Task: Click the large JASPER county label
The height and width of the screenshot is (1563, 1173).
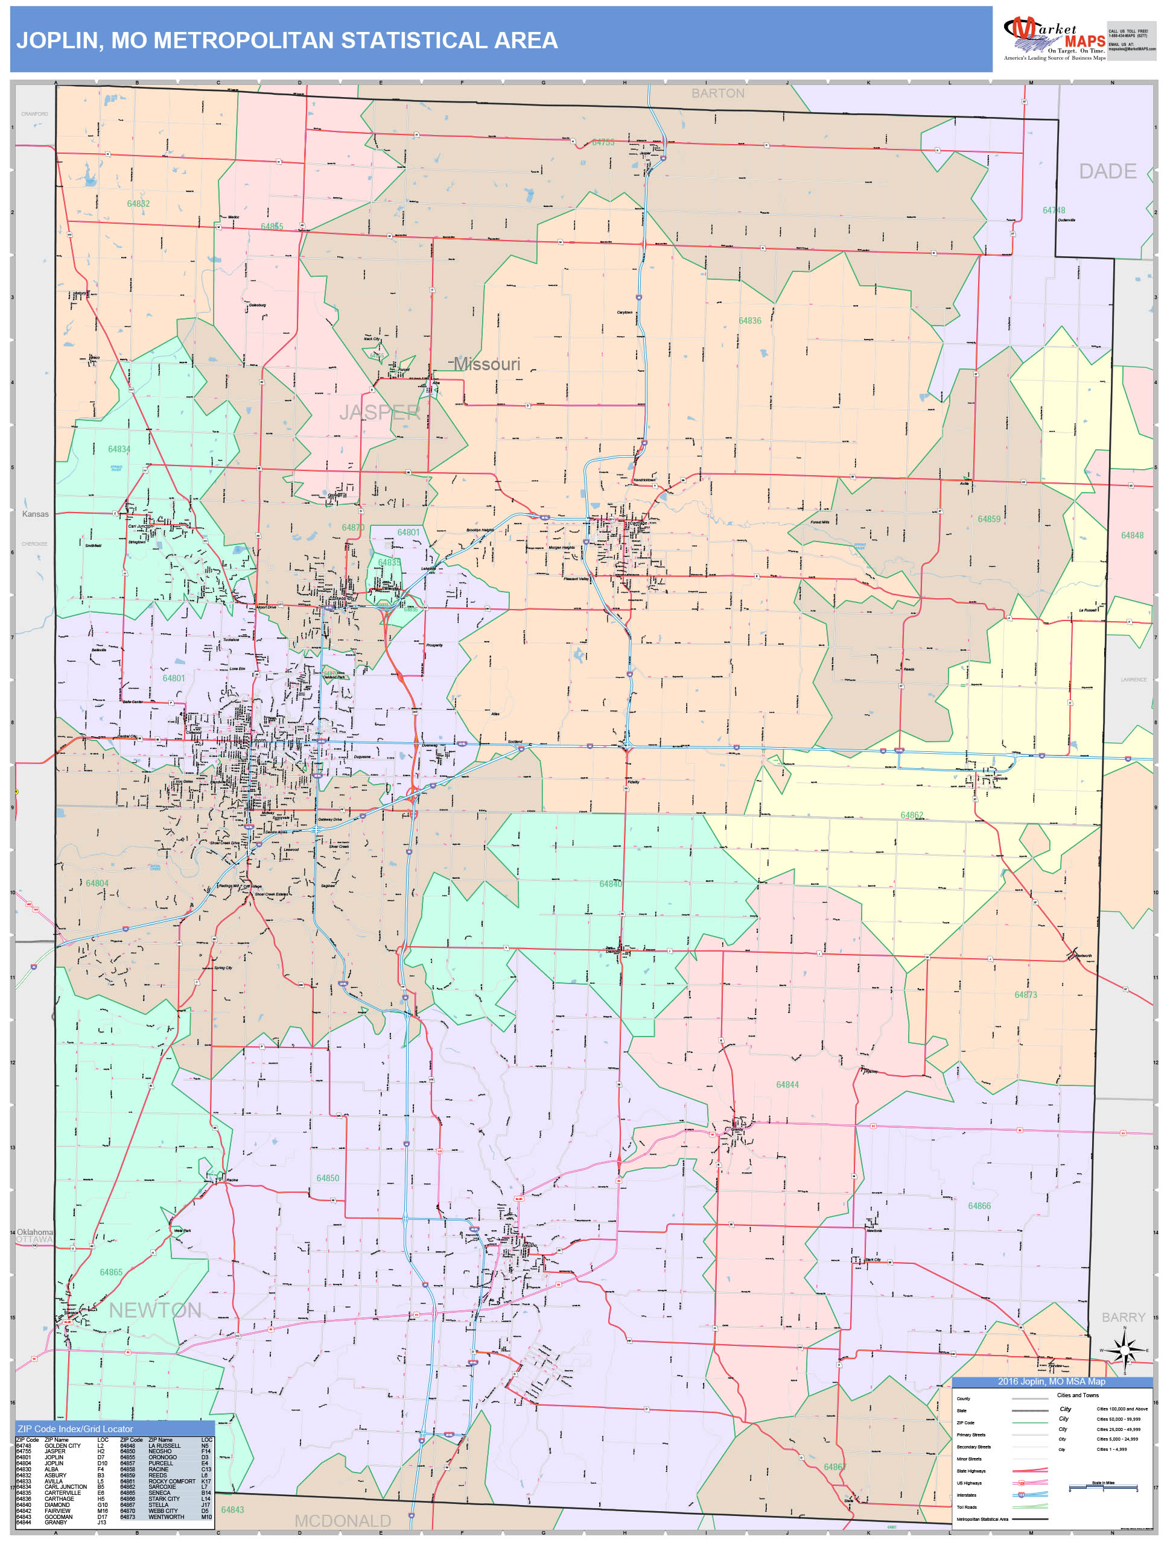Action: pos(380,412)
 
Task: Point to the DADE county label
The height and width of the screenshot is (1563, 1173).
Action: pos(1107,171)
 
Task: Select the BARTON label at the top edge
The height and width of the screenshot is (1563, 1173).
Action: pos(717,93)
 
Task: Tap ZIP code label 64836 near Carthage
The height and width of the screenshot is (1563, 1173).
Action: pos(749,321)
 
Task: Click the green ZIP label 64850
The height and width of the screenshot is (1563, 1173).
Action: pos(328,1178)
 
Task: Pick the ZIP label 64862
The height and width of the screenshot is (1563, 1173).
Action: pos(911,815)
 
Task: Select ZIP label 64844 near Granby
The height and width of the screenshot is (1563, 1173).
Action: pos(787,1085)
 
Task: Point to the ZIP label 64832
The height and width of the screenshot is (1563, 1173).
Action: pos(139,203)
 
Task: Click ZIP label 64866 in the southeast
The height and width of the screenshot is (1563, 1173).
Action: pos(979,1205)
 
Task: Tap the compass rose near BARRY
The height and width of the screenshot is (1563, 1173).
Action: pos(1124,1350)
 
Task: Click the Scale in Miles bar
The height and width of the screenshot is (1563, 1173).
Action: pos(1102,1488)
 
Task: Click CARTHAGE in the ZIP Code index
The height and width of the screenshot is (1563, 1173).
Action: pos(59,1498)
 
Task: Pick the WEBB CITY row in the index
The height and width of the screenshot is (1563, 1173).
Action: pos(163,1511)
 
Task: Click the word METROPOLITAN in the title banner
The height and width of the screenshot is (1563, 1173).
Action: pos(243,40)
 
